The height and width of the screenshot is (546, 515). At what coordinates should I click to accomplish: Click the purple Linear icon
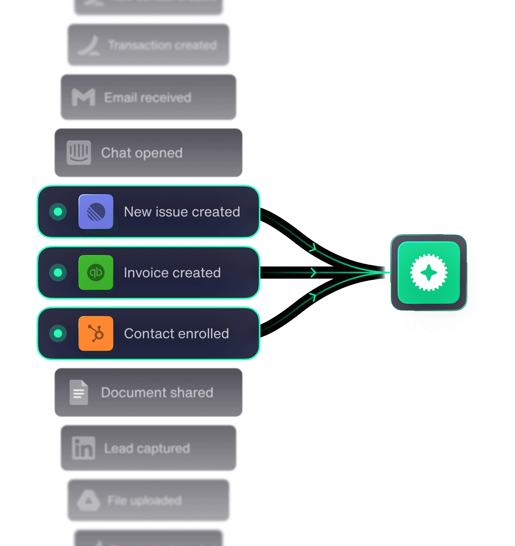[x=96, y=212]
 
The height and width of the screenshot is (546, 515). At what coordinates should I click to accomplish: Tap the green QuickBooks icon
[x=96, y=272]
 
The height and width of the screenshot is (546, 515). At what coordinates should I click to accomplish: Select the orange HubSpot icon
[x=96, y=333]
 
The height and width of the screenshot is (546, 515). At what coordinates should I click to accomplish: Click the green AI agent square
[x=429, y=272]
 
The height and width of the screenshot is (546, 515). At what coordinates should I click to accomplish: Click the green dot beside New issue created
[x=58, y=212]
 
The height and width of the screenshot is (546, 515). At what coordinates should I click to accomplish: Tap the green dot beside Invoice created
[x=58, y=272]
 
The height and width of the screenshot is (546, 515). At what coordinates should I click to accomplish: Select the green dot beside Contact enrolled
[x=58, y=333]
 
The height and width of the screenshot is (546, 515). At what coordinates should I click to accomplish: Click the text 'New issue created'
[x=182, y=212]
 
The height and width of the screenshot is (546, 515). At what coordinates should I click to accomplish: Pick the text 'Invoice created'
[x=172, y=273]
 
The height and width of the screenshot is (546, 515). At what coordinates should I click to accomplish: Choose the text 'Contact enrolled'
[x=176, y=334]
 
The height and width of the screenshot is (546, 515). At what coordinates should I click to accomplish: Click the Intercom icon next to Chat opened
[x=79, y=153]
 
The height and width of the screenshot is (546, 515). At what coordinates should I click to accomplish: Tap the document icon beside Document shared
[x=79, y=392]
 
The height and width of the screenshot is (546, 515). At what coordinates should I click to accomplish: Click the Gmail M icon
[x=83, y=97]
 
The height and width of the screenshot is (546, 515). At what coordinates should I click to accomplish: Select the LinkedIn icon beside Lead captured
[x=83, y=448]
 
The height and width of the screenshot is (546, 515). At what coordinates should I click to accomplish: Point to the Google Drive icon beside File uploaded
[x=89, y=500]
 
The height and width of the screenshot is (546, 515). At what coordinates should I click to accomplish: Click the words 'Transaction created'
[x=162, y=45]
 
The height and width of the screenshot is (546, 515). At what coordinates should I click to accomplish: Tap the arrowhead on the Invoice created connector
[x=313, y=272]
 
